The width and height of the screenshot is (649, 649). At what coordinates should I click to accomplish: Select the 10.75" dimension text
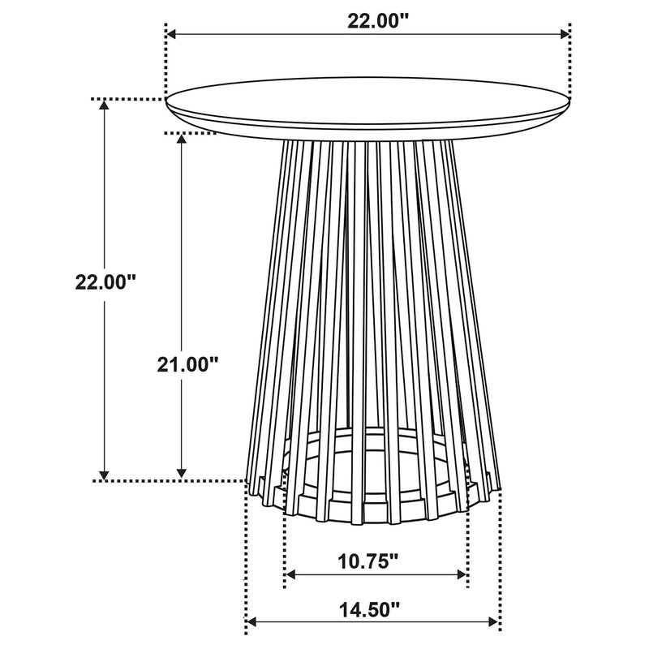click(369, 561)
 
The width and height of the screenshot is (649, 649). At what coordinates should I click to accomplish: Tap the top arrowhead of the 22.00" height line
click(104, 106)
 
